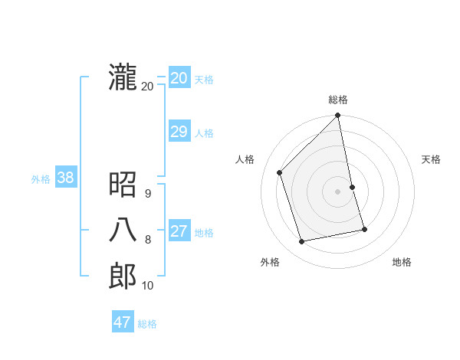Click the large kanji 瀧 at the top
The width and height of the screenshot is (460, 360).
[x=123, y=78]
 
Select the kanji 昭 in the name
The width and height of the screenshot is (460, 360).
[x=123, y=184]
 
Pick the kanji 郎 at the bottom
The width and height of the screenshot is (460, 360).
[x=123, y=276]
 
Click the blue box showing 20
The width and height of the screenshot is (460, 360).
[x=179, y=78]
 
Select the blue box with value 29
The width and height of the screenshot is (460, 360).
[x=179, y=132]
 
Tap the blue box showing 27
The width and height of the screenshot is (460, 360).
[x=179, y=231]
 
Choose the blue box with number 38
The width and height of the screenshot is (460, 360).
[x=65, y=178]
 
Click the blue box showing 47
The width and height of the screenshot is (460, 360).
[x=123, y=322]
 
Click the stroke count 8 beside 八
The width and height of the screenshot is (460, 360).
[x=148, y=240]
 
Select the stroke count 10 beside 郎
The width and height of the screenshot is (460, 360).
[x=148, y=286]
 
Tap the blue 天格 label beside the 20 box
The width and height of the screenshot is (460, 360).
[x=204, y=80]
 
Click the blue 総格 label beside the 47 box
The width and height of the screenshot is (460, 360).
[x=147, y=324]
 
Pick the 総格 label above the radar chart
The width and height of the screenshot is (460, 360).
[x=338, y=100]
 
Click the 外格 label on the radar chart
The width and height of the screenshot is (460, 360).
[x=270, y=262]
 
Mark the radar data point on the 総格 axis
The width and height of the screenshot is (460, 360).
[x=337, y=116]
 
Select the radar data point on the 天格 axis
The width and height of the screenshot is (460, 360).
[x=353, y=187]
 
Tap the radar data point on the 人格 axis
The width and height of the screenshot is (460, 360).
[x=280, y=172]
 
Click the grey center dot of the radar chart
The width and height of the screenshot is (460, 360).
[x=338, y=191]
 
